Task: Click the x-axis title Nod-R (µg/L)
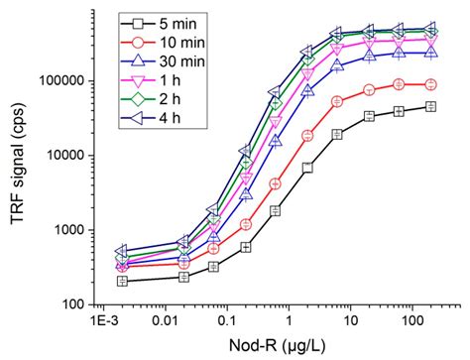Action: [x=270, y=344]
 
